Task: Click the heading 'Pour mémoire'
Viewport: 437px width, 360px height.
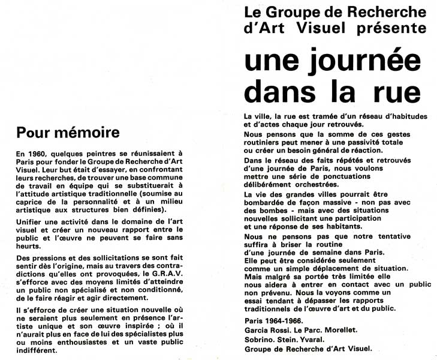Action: [x=68, y=131]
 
